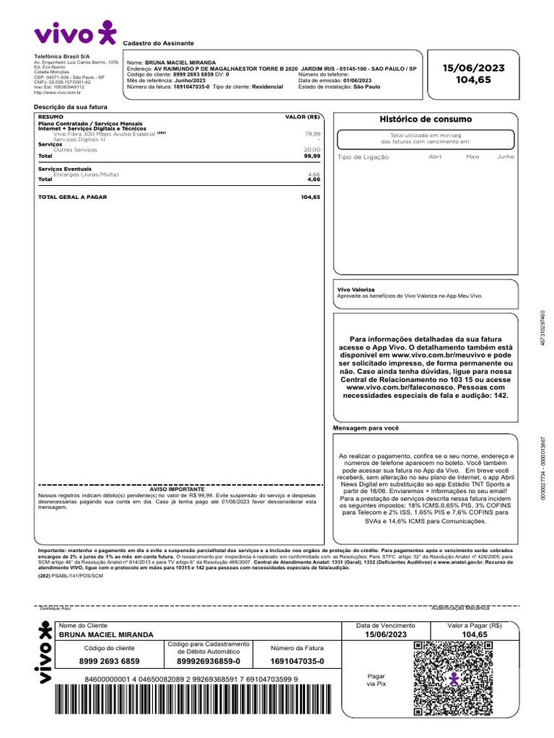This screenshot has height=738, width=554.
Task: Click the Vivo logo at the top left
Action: pyautogui.click(x=74, y=34)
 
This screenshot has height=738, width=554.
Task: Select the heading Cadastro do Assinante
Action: pyautogui.click(x=158, y=43)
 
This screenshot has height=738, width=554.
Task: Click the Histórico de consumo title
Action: pyautogui.click(x=426, y=119)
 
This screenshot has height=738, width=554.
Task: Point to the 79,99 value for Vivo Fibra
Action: pyautogui.click(x=312, y=134)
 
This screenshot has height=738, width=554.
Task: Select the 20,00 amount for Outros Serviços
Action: pyautogui.click(x=312, y=149)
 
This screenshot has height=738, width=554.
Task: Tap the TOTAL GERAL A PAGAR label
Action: pyautogui.click(x=71, y=197)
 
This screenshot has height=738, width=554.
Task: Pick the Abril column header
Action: pyautogui.click(x=435, y=156)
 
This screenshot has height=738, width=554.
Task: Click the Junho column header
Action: pyautogui.click(x=505, y=156)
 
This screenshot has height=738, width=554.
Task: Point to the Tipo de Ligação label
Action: pyautogui.click(x=363, y=157)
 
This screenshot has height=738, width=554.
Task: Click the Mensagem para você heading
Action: pyautogui.click(x=365, y=428)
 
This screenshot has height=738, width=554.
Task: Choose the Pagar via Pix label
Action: pyautogui.click(x=377, y=680)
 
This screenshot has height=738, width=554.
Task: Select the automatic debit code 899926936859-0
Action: pyautogui.click(x=208, y=661)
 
